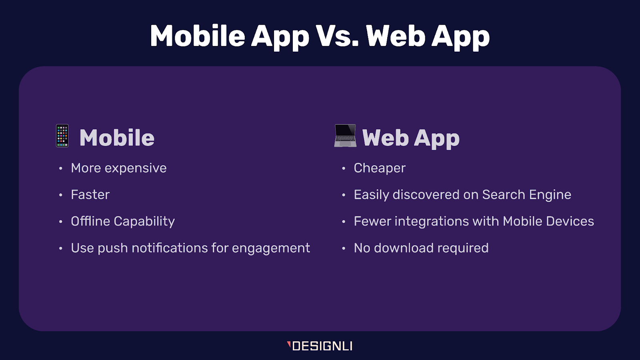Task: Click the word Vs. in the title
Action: pyautogui.click(x=337, y=36)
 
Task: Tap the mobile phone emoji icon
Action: pyautogui.click(x=62, y=136)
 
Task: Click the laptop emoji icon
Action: pyautogui.click(x=345, y=136)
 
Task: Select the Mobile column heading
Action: pyautogui.click(x=117, y=138)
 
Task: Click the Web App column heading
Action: pyautogui.click(x=411, y=138)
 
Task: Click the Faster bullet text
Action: pyautogui.click(x=90, y=195)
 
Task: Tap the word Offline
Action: pyautogui.click(x=90, y=221)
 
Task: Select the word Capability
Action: pyautogui.click(x=144, y=222)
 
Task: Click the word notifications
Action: pyautogui.click(x=170, y=248)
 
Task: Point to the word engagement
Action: pyautogui.click(x=271, y=248)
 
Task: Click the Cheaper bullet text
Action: pyautogui.click(x=379, y=168)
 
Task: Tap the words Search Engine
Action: pyautogui.click(x=526, y=195)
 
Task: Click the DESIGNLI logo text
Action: pyautogui.click(x=322, y=346)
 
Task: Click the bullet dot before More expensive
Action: pyautogui.click(x=61, y=168)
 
